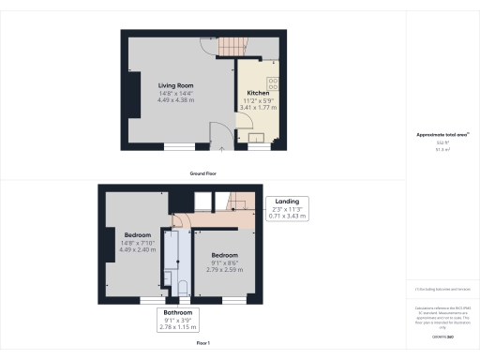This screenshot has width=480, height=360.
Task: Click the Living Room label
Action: pyautogui.click(x=175, y=85)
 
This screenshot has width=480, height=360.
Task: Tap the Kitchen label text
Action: pyautogui.click(x=259, y=95)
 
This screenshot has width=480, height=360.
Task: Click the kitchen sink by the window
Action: pyautogui.click(x=256, y=137)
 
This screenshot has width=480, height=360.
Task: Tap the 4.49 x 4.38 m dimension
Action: pyautogui.click(x=175, y=103)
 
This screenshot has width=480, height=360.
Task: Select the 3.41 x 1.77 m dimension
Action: pyautogui.click(x=259, y=108)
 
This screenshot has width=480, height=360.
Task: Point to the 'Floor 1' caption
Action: pyautogui.click(x=202, y=343)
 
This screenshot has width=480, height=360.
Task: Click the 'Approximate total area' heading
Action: pyautogui.click(x=441, y=135)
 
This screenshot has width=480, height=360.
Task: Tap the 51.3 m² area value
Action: pyautogui.click(x=441, y=149)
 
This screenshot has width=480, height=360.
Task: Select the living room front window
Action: pyautogui.click(x=179, y=145)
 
